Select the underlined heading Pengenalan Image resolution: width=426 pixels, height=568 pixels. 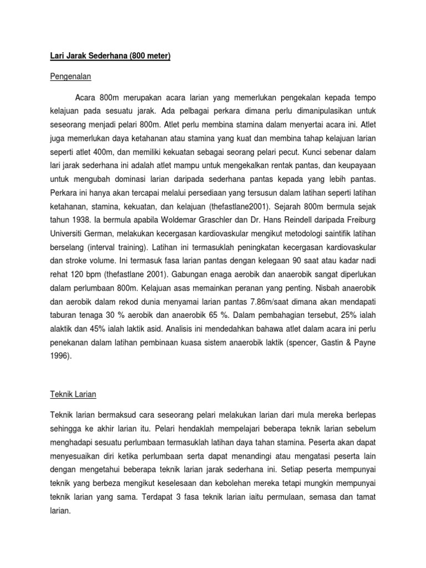click(70, 76)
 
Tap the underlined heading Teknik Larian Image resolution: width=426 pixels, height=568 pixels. click(73, 394)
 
